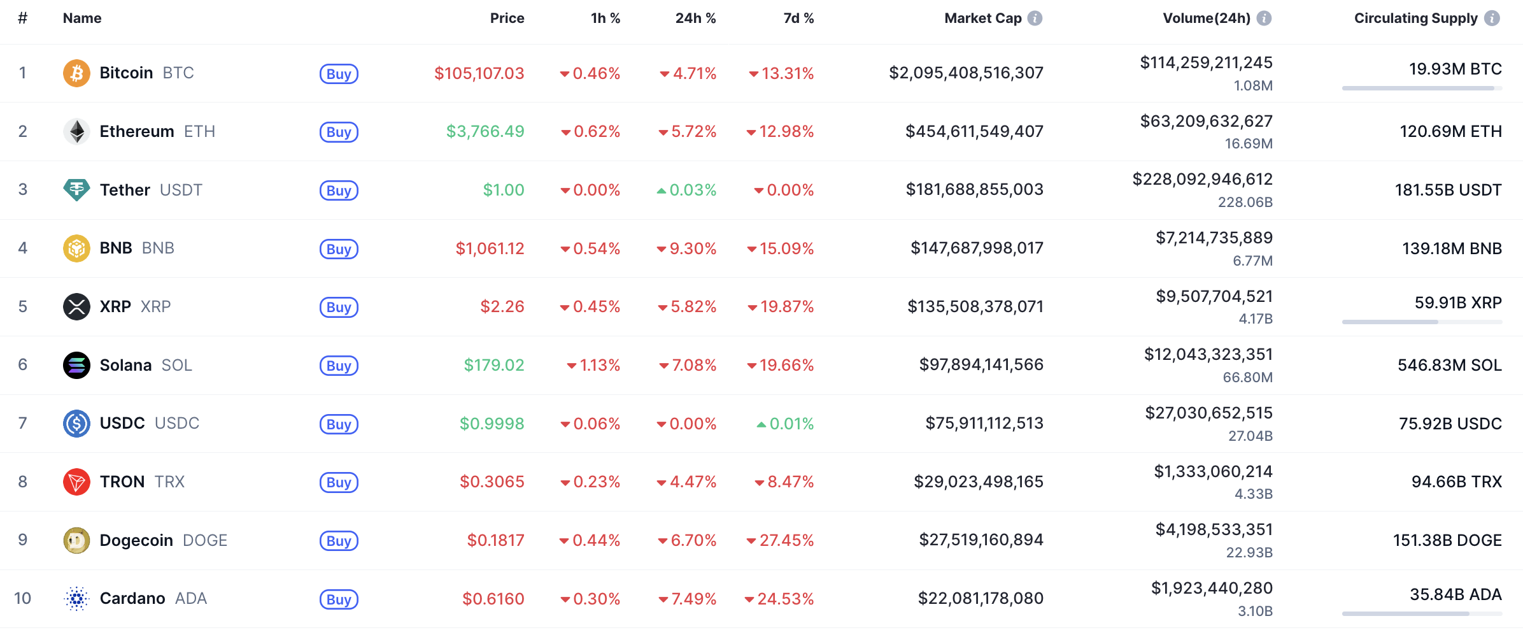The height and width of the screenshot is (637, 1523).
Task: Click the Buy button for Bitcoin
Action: coord(339,74)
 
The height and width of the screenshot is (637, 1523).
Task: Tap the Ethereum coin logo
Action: coord(76,132)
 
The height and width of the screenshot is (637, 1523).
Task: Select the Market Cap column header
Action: coord(982,18)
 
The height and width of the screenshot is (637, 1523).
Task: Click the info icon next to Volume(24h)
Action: coord(1264,18)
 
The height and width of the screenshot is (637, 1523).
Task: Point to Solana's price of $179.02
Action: coord(493,365)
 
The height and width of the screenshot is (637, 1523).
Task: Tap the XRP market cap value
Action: coord(975,306)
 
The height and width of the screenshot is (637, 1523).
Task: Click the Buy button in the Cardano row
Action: coord(339,599)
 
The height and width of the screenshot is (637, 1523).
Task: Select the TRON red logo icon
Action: coord(76,482)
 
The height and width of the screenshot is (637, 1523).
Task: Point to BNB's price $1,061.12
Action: coord(490,248)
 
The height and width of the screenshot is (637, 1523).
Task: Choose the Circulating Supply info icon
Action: coord(1492,18)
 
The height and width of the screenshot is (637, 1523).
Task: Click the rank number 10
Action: coord(22,598)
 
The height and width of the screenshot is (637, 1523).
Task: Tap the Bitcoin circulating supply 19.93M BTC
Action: coord(1455,69)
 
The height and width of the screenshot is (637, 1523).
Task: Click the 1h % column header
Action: coord(605,18)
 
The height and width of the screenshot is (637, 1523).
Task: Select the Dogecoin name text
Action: coord(136,540)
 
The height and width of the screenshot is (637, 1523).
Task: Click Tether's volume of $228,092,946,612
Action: coord(1202,179)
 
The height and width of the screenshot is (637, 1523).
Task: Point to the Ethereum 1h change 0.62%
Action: coord(590,132)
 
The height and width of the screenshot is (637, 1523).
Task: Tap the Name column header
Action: coord(82,18)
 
